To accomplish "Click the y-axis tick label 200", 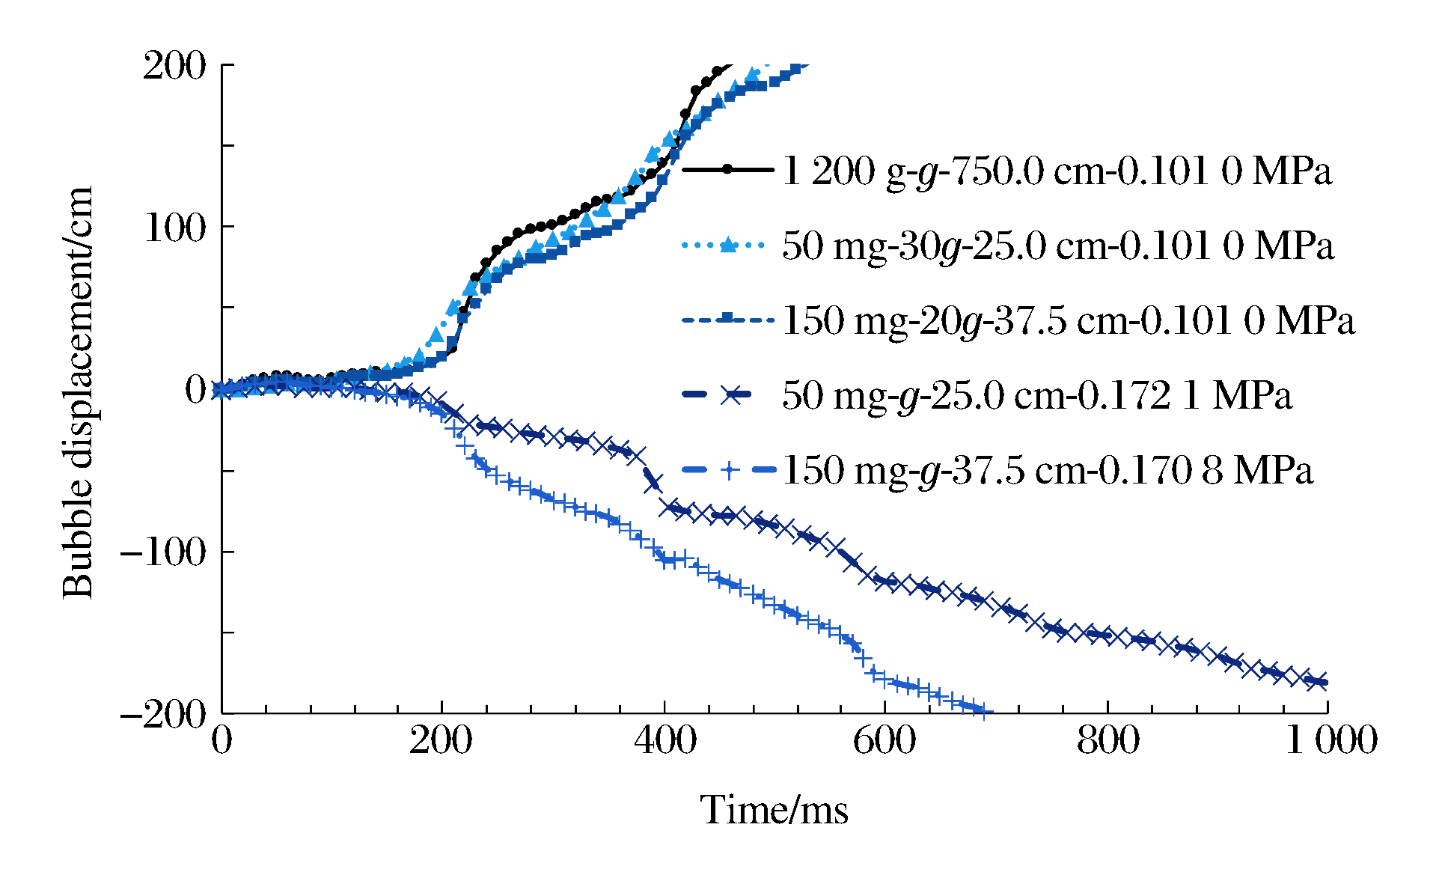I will (x=174, y=66).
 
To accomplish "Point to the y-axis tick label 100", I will (x=174, y=228).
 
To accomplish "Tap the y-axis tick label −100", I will (x=162, y=552).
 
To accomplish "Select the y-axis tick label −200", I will (x=162, y=714).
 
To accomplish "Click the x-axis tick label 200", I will (x=441, y=741).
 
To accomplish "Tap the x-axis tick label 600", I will (x=885, y=741).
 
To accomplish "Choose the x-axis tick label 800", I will (x=1107, y=741).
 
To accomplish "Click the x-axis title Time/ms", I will (x=774, y=811).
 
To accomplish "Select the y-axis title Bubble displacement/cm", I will (x=78, y=392).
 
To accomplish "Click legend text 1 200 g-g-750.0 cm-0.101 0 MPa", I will (x=1057, y=171).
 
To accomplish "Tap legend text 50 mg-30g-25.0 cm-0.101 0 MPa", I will (x=1057, y=246).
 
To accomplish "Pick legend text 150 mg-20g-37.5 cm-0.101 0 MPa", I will (x=1068, y=321).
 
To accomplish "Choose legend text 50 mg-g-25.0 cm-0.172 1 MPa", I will (x=1036, y=395).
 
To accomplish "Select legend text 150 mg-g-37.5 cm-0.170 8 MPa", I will (x=1047, y=471).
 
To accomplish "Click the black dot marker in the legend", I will (x=727, y=170).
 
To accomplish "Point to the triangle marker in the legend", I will (x=727, y=244).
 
